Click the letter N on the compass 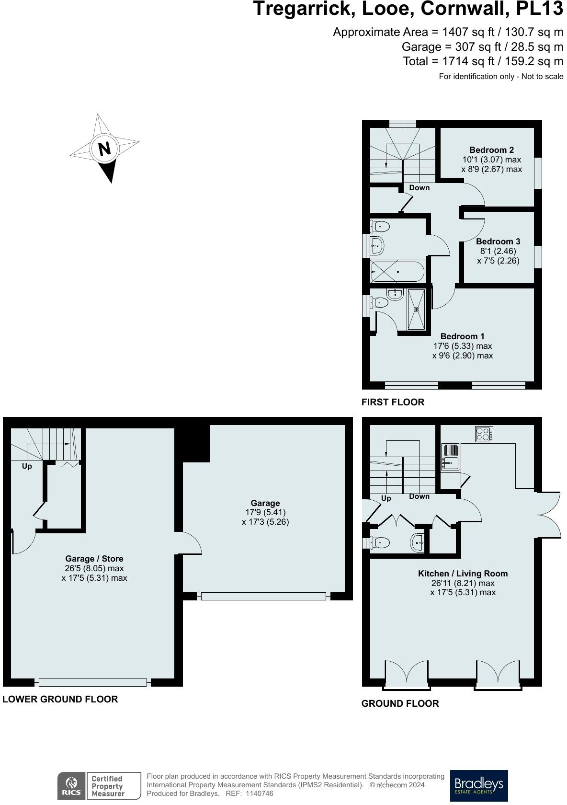(104, 149)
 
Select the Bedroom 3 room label (498, 241)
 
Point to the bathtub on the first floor (397, 272)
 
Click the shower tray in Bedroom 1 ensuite (416, 310)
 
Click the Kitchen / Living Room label (463, 574)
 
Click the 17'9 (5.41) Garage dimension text (265, 512)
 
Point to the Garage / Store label (94, 559)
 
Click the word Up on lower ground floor (27, 466)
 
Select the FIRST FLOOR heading (393, 402)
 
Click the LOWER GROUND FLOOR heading (60, 699)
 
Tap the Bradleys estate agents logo (479, 785)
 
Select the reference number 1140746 (259, 793)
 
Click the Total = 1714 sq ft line (483, 61)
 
